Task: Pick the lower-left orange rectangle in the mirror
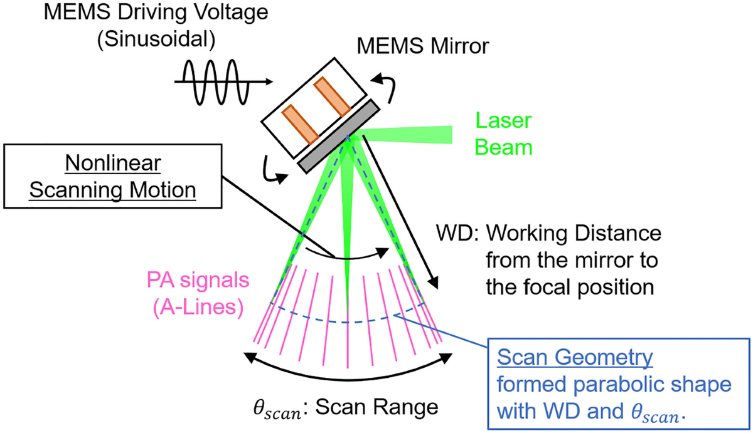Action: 299,128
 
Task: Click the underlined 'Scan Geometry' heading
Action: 574,358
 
